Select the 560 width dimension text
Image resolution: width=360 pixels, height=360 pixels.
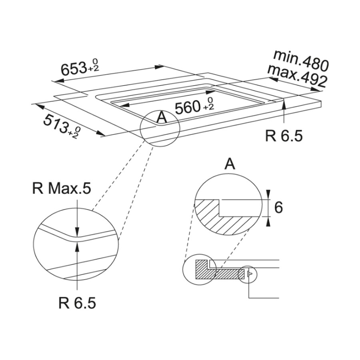[x=187, y=108]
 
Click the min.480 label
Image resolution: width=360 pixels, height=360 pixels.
[x=301, y=60]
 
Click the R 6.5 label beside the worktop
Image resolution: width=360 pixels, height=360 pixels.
[x=284, y=136]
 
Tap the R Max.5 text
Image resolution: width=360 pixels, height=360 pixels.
[x=61, y=188]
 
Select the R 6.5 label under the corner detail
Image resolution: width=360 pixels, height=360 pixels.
[x=77, y=303]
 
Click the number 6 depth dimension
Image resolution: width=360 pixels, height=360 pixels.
[x=278, y=208]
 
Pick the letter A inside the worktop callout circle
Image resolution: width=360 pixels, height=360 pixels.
[x=162, y=118]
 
